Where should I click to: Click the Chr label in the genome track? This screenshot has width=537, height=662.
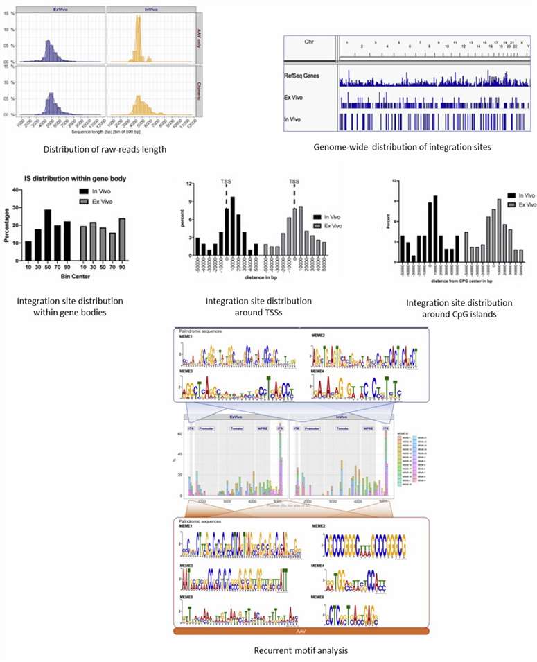(310, 42)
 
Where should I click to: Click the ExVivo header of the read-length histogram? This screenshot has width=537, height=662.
(61, 9)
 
